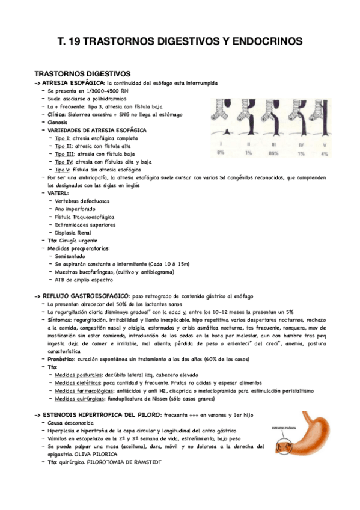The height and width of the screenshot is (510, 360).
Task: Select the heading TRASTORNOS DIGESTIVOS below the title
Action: [78, 73]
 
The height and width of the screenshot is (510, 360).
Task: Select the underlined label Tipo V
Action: [63, 170]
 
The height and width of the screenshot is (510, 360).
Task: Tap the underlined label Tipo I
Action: [62, 138]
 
